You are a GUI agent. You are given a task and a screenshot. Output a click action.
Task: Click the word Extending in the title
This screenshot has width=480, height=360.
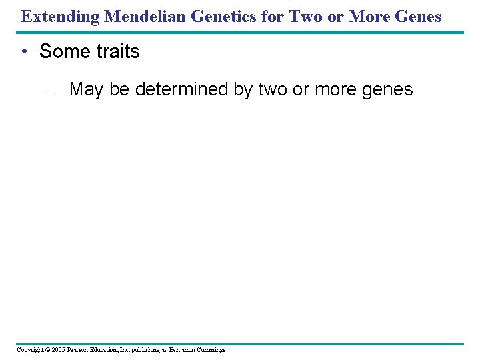pos(61,16)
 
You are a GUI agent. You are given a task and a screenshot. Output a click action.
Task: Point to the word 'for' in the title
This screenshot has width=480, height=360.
pos(275,16)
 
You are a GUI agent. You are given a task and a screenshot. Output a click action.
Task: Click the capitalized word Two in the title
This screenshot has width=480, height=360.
pos(305,16)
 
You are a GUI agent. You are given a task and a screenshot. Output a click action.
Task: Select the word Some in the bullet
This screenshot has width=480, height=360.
pos(62,51)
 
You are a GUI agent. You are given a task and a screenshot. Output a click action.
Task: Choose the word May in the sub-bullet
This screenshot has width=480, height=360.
pos(85,89)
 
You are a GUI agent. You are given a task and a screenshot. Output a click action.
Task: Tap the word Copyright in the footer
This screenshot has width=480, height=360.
pos(31,350)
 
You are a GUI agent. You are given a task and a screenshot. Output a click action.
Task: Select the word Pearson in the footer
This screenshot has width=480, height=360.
pos(80,350)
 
